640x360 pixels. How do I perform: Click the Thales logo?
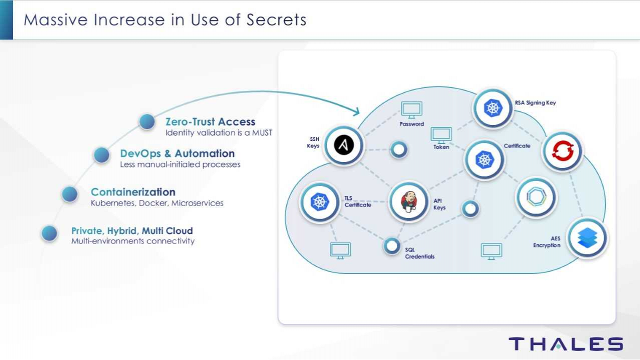tap(565, 344)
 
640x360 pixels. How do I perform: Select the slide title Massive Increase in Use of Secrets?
tap(165, 20)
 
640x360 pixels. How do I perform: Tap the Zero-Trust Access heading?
tap(210, 121)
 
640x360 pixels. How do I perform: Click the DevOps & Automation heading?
tap(177, 153)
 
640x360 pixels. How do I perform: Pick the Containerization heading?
tap(133, 192)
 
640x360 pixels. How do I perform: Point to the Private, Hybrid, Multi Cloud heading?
tap(132, 230)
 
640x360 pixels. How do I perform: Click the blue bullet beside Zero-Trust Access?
tap(147, 121)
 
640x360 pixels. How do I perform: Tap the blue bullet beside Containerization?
tap(70, 194)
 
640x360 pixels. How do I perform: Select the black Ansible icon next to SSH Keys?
tap(343, 145)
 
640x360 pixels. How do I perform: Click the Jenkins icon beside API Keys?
tap(408, 201)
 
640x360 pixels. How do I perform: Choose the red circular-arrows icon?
tap(562, 151)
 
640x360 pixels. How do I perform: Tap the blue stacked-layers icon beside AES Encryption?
tap(587, 238)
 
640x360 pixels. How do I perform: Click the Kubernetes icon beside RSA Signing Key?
tap(493, 108)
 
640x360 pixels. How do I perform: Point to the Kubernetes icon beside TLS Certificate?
tap(319, 202)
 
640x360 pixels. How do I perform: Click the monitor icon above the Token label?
tap(441, 134)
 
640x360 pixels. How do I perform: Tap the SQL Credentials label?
tap(419, 253)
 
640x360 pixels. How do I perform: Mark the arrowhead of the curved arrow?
tap(356, 111)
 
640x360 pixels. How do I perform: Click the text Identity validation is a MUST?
tap(219, 133)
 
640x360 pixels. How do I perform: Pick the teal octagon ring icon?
tap(535, 197)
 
